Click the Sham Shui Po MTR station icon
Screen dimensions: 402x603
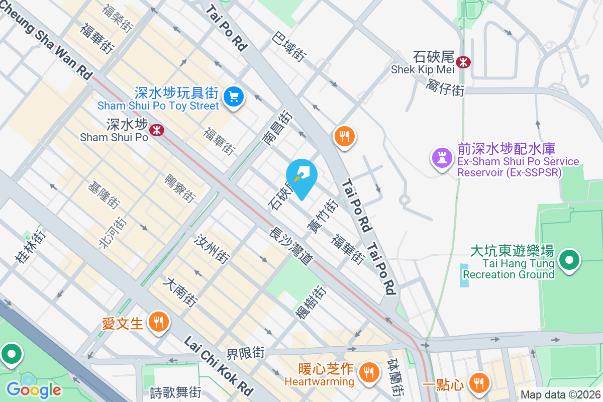[x=158, y=130]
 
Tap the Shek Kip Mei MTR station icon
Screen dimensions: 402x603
[x=463, y=62]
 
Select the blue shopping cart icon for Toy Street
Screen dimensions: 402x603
[x=234, y=96]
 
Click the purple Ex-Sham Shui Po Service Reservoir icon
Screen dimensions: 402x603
[x=442, y=158]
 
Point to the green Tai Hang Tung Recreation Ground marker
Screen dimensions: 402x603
[x=569, y=261]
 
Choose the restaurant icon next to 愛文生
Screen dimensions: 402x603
[x=159, y=322]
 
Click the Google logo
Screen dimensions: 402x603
[x=34, y=389]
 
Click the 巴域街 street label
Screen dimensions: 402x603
[x=289, y=47]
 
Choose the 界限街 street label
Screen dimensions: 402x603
[x=245, y=353]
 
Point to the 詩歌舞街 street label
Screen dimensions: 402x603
[x=176, y=391]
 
